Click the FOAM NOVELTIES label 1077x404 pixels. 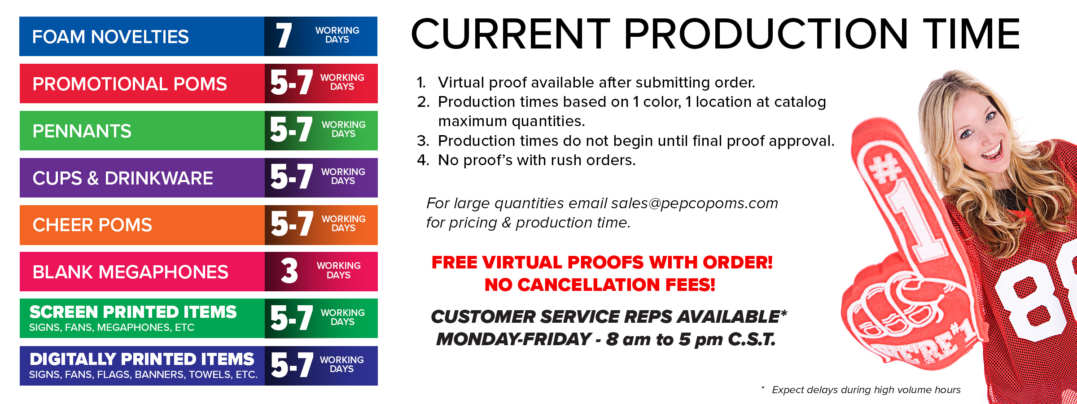[110, 37]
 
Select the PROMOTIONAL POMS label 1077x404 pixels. [130, 84]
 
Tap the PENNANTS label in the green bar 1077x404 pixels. [82, 131]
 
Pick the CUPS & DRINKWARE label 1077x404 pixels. [123, 178]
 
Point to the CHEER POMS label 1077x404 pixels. [92, 225]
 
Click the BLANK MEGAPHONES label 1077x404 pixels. [131, 272]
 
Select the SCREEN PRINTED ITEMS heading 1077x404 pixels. [133, 312]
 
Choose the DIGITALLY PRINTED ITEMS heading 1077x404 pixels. [142, 359]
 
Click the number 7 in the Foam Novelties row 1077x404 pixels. [284, 36]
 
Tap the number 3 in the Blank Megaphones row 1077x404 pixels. [289, 271]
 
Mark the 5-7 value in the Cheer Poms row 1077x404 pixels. [292, 224]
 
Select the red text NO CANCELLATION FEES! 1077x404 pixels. [600, 285]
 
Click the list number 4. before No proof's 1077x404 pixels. [423, 160]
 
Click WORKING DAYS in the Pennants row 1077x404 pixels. [344, 129]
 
